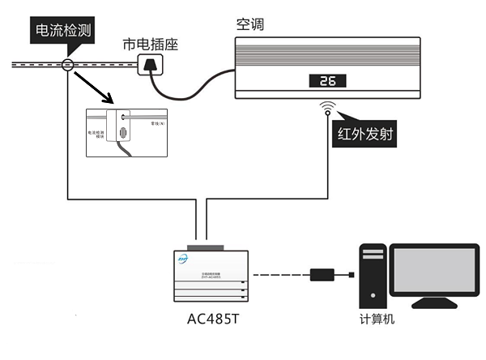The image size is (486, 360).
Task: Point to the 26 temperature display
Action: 327,81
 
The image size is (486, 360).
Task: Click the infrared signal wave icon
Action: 327,107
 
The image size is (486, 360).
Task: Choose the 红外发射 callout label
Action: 364,134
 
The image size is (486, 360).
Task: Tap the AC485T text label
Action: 212,318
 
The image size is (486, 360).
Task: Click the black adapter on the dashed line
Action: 324,275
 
